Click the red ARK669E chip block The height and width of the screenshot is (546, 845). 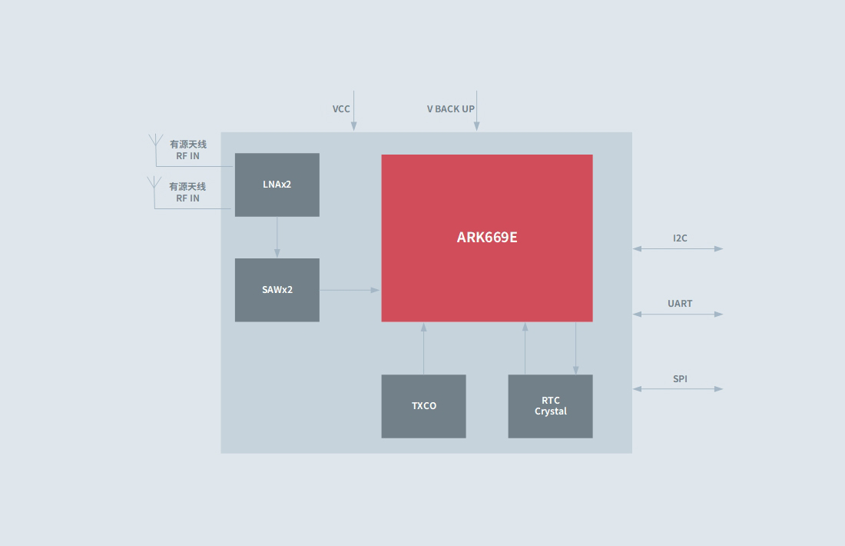pos(487,238)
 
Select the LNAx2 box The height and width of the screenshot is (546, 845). pos(277,185)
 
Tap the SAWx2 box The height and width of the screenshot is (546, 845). pos(277,290)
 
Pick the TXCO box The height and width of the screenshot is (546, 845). pos(423,406)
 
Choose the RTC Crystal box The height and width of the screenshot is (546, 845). pos(550,406)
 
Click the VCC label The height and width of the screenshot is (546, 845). pos(341,109)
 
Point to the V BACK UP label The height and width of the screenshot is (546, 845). pos(451,109)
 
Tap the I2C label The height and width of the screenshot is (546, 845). pos(680,238)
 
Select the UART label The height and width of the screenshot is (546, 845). pos(680,304)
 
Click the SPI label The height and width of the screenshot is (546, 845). pos(680,379)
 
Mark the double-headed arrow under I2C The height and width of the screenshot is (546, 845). pos(678,248)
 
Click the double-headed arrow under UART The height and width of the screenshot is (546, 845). pos(678,314)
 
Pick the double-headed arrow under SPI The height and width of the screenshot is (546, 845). pos(678,389)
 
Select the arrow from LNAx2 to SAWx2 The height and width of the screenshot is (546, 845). pos(277,237)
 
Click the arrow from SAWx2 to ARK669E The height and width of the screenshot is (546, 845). pos(350,290)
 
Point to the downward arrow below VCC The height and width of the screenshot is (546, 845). pos(354,112)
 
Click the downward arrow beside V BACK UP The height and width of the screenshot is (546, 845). pos(476,112)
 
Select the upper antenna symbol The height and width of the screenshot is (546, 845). pos(155,141)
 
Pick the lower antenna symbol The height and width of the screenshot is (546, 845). pos(154,184)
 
